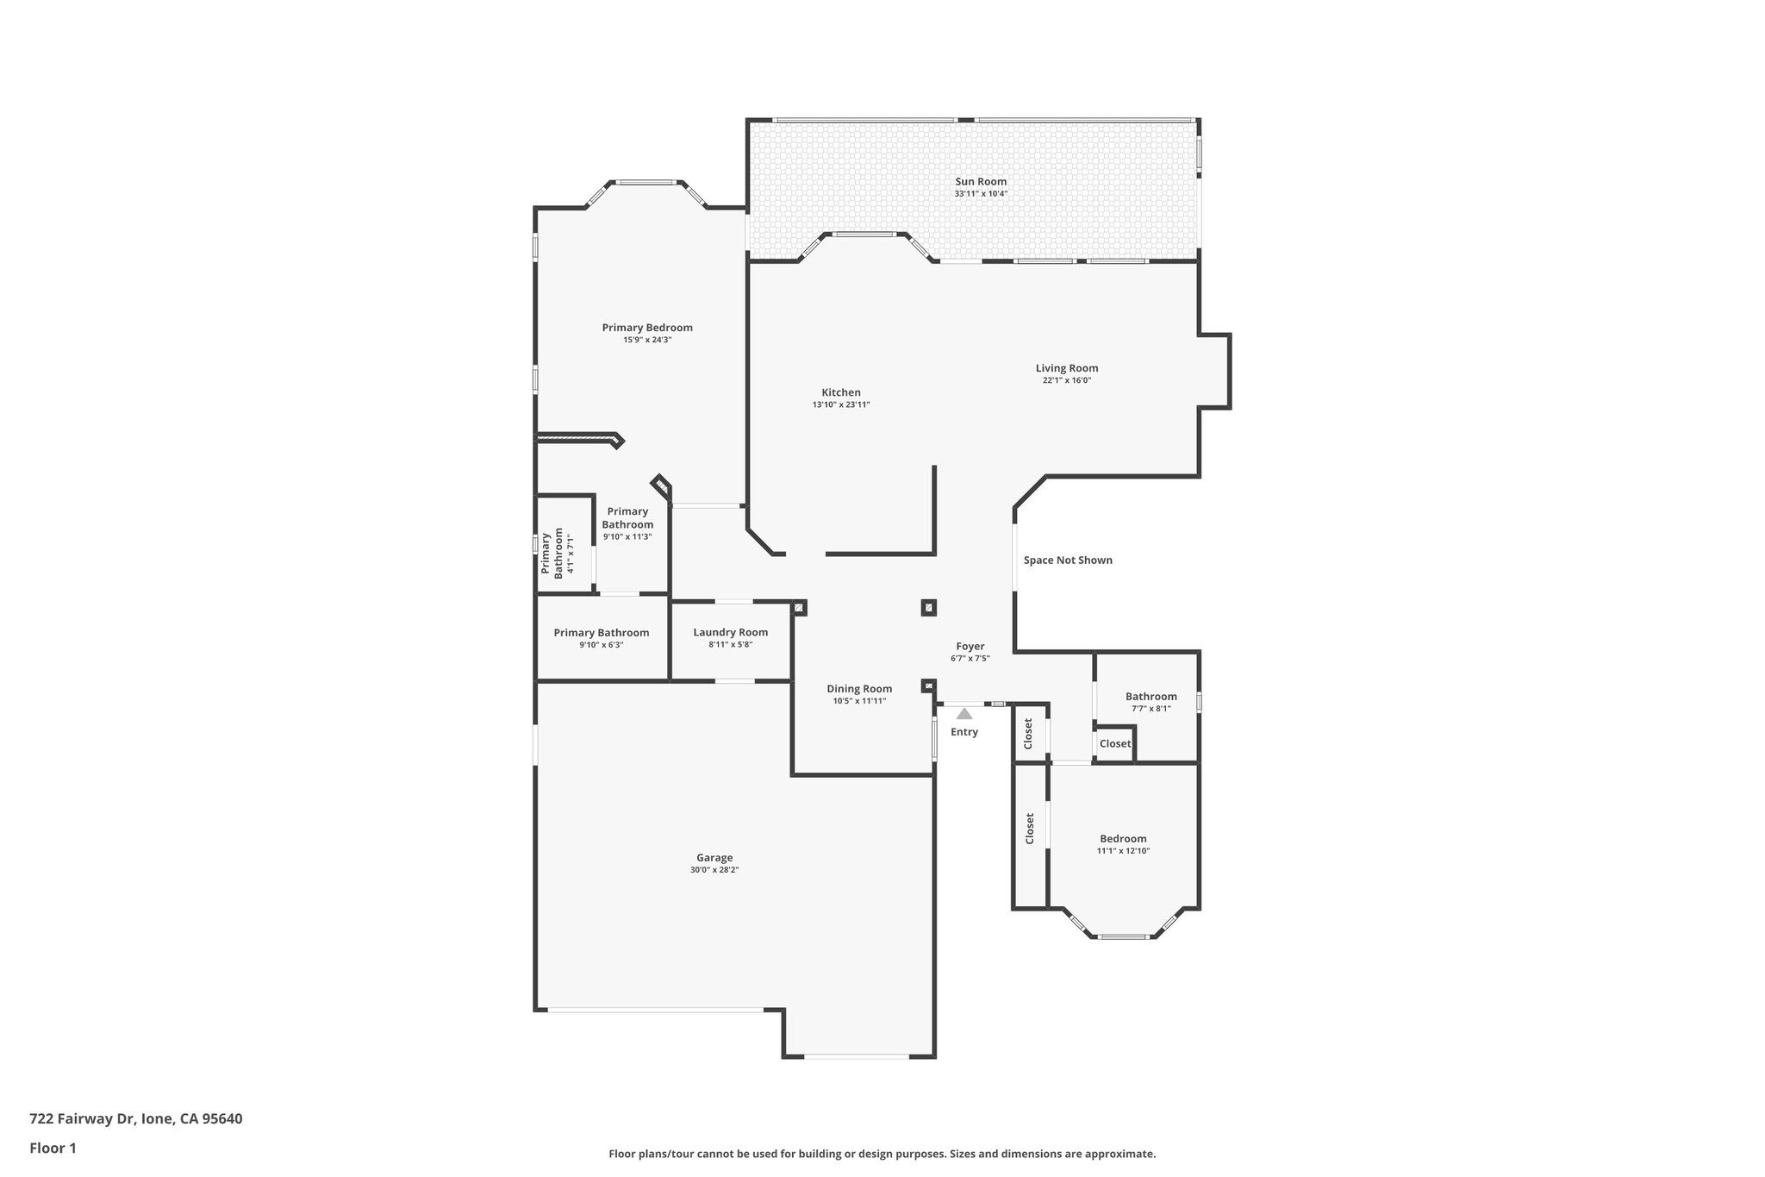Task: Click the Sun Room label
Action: click(981, 182)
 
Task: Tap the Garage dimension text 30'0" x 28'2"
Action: click(714, 870)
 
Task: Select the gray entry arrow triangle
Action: click(964, 714)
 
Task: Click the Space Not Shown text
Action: click(1068, 560)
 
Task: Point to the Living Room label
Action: click(1067, 368)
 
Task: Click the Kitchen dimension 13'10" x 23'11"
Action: click(841, 404)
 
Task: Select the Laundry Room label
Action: click(731, 632)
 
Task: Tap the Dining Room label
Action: click(859, 688)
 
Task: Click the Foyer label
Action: click(970, 647)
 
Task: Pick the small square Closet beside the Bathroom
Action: click(1114, 743)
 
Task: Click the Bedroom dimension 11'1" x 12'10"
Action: click(1123, 851)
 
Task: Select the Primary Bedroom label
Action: click(647, 328)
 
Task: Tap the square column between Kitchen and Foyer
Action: click(928, 608)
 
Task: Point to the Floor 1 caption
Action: click(53, 1148)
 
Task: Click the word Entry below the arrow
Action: click(964, 732)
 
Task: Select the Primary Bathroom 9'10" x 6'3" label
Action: click(602, 633)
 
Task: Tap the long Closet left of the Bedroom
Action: click(1029, 829)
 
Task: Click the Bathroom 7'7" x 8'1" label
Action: click(1151, 697)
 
